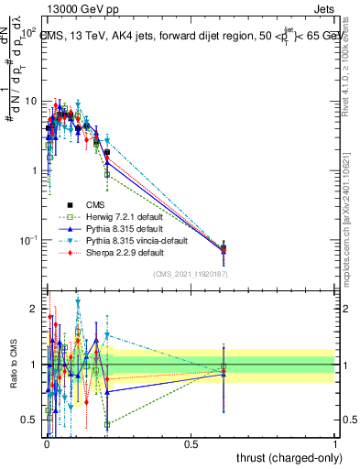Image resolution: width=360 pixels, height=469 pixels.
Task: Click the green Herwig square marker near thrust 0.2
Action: pos(107,174)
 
